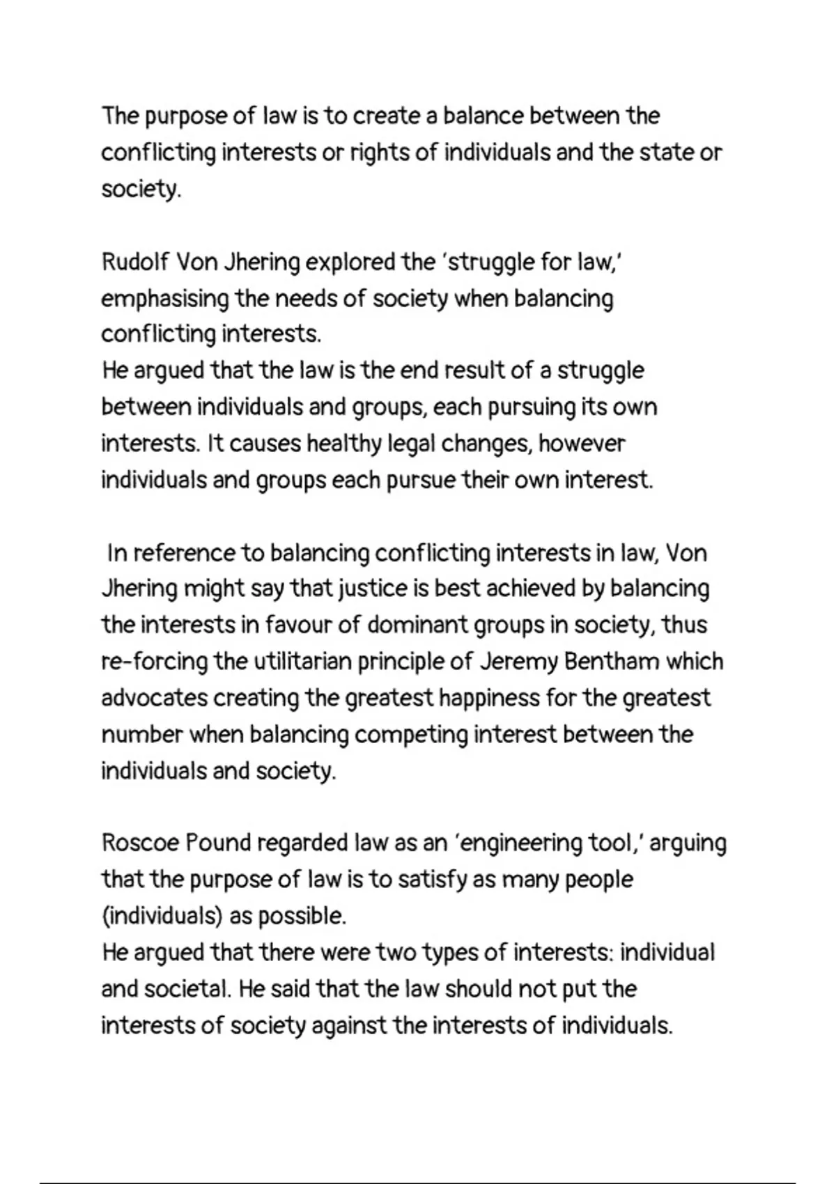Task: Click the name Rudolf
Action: point(135,263)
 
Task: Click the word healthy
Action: point(343,444)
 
